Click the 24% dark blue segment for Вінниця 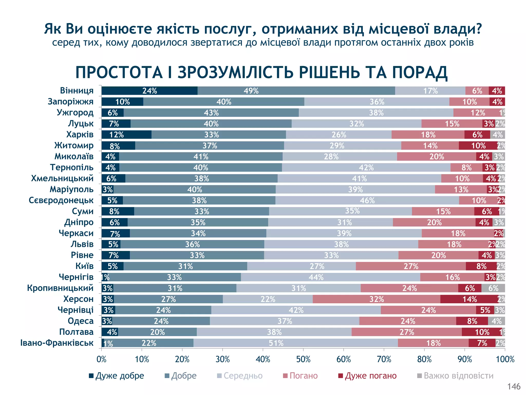click(x=149, y=91)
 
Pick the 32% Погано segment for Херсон click(x=377, y=299)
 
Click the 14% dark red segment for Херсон click(x=469, y=299)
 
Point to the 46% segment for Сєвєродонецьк click(x=367, y=200)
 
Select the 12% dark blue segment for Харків click(x=126, y=134)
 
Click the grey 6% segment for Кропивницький click(x=493, y=288)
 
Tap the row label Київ click(x=84, y=266)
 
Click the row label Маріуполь click(x=72, y=189)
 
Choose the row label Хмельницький click(x=62, y=178)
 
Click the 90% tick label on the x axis click(x=465, y=359)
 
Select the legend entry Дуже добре click(x=117, y=376)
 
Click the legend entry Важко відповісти click(x=456, y=376)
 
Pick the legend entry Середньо click(x=240, y=376)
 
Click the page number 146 click(x=514, y=386)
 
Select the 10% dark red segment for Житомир click(x=478, y=146)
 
